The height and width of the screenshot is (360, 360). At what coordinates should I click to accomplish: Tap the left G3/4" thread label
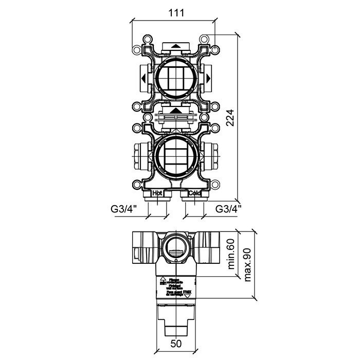125,209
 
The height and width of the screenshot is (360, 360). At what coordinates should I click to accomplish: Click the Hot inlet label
158,193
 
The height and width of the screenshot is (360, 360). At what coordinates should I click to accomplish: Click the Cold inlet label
194,193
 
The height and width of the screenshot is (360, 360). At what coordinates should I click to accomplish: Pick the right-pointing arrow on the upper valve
209,79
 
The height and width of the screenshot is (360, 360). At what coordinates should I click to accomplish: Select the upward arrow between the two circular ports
176,110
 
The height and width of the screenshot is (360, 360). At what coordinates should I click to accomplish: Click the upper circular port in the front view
176,79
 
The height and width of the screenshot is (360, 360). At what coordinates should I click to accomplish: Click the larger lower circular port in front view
176,154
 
